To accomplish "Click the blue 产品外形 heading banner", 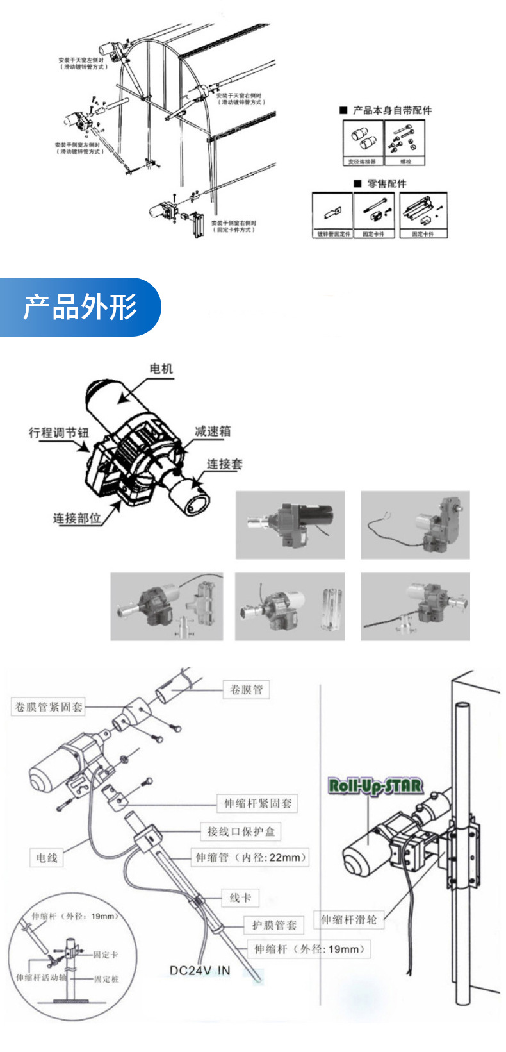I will (80, 307).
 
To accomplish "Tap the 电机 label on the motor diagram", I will (161, 369).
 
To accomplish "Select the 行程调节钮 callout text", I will (59, 433).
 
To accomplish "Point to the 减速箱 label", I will (213, 431).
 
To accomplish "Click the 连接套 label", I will (224, 463).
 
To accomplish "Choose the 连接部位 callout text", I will (77, 518).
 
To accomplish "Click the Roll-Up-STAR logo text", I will (375, 786).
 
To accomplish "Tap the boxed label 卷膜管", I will (246, 690).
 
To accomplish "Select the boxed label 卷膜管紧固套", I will (49, 707).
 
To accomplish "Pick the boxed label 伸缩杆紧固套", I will (257, 803).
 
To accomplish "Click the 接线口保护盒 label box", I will (241, 831).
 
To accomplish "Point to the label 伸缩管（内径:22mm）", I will (251, 857).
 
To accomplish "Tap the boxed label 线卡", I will (240, 898).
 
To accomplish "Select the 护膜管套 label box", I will (274, 924).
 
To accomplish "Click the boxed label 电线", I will (47, 858).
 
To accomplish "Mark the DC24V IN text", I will (199, 971).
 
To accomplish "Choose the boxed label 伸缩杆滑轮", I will (348, 920).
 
